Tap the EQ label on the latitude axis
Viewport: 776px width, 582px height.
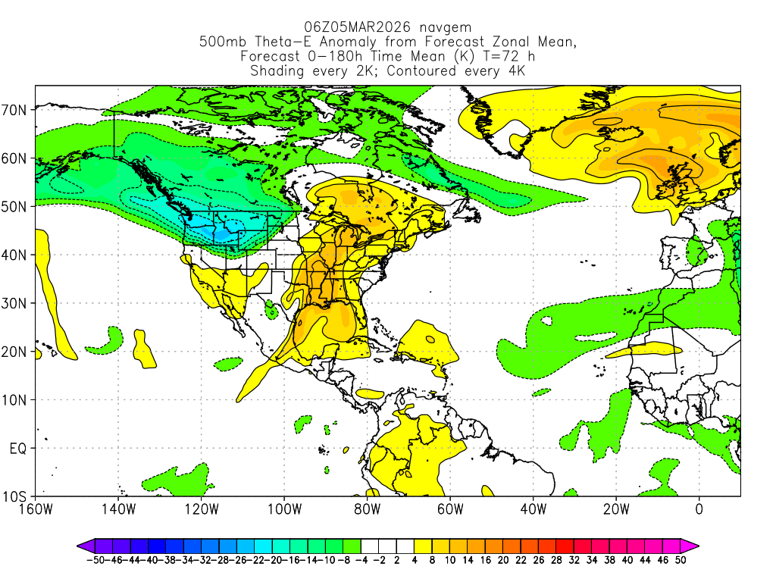(x=19, y=448)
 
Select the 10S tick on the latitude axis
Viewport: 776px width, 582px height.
(x=17, y=496)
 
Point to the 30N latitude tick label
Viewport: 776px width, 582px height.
(x=17, y=303)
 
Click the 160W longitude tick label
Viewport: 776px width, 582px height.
(x=36, y=508)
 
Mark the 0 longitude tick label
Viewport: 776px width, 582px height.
(x=699, y=508)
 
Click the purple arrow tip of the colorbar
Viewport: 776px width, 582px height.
(x=80, y=545)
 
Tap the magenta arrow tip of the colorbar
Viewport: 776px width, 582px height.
(x=694, y=545)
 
